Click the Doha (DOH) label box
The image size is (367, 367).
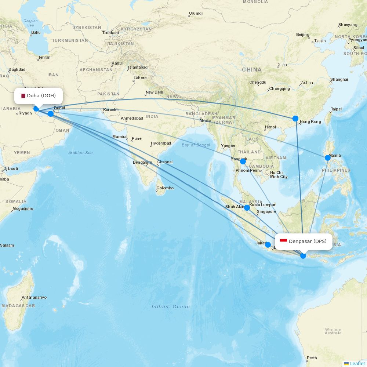39,96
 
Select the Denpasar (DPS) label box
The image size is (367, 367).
304,241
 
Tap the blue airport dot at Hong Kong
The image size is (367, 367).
295,119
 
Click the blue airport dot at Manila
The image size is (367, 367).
328,158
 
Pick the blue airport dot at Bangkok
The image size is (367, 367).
243,161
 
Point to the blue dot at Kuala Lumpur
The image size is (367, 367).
247,208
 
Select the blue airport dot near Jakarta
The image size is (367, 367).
268,245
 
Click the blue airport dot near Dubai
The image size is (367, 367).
51,114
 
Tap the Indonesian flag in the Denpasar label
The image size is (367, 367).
283,241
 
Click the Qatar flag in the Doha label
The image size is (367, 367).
23,96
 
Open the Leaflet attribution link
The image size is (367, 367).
357,363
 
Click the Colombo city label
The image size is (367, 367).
165,188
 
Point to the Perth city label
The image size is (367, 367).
312,358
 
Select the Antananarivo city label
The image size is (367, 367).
34,297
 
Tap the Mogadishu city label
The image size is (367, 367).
23,208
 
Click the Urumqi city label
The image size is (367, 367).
196,14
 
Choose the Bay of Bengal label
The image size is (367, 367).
196,145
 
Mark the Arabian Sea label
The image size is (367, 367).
80,153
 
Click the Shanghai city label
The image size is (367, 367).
339,79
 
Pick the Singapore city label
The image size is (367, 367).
266,211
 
